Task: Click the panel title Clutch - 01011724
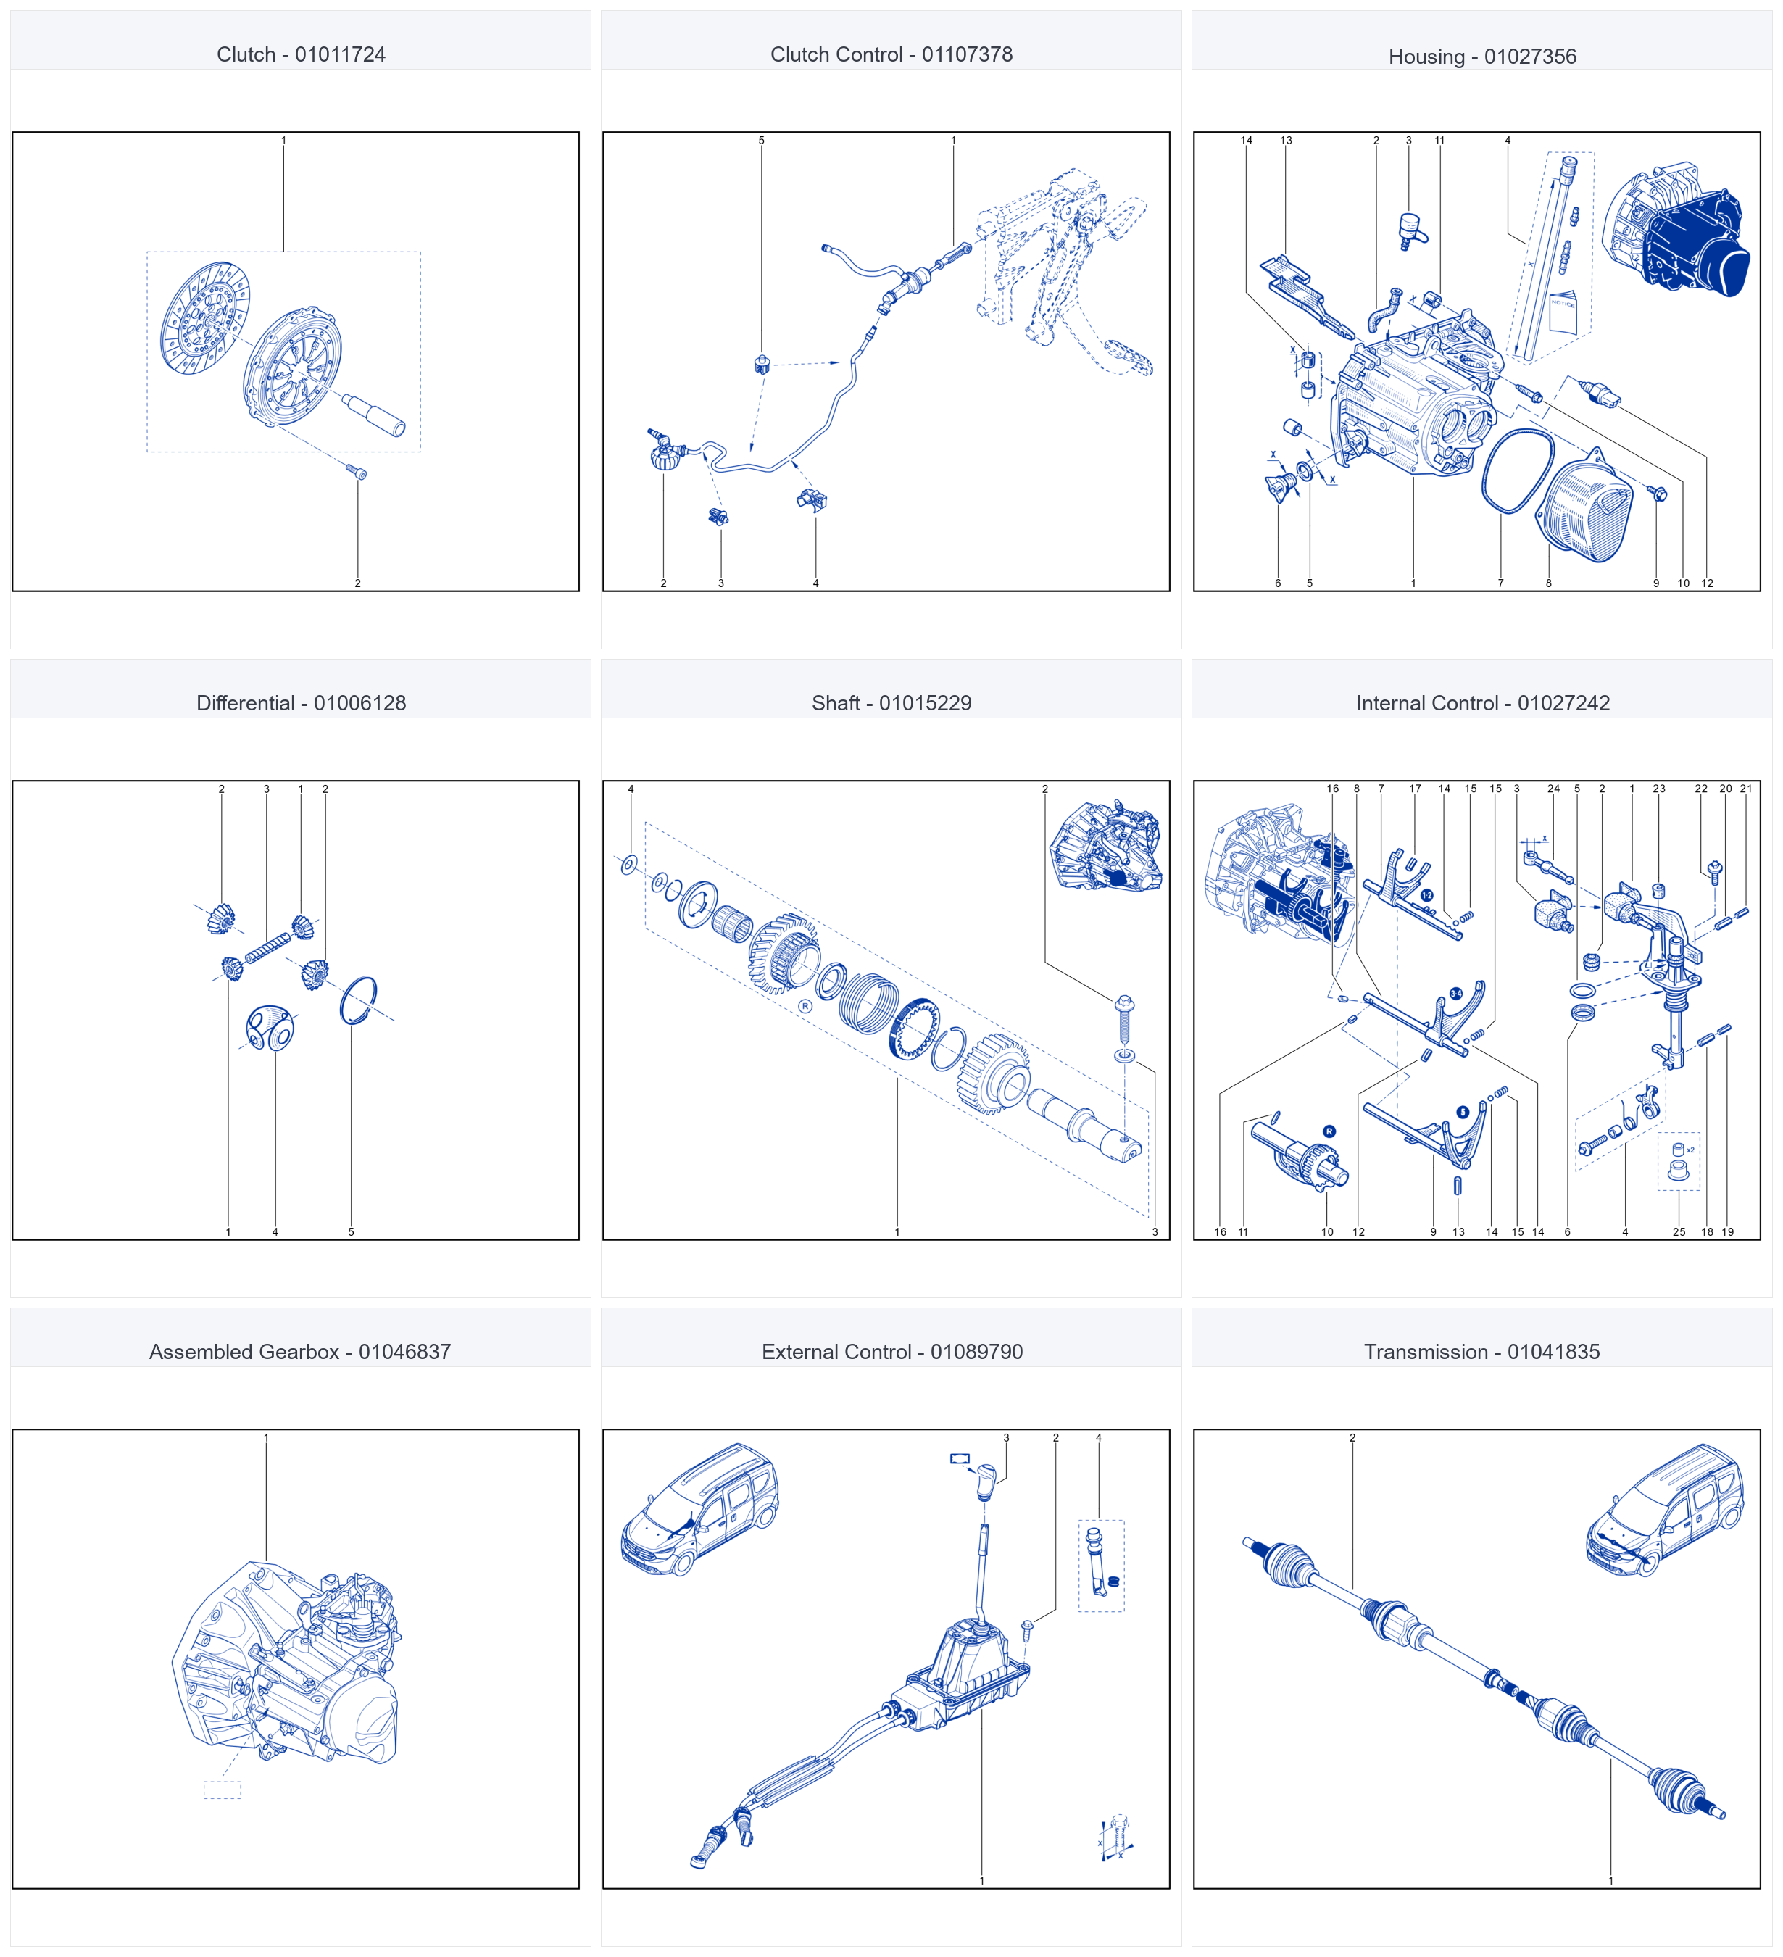(x=301, y=54)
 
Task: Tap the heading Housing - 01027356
(x=1482, y=57)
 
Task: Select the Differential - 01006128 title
(x=301, y=703)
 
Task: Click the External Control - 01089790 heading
(x=892, y=1351)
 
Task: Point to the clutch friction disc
(x=205, y=317)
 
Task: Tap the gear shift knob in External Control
(x=986, y=1480)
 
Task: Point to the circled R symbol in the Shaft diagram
(x=805, y=1007)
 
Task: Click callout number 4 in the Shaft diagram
(x=631, y=789)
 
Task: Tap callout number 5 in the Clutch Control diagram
(x=761, y=141)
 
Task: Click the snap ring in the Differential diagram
(x=358, y=1000)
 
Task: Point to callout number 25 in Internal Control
(x=1678, y=1232)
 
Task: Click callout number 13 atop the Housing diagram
(x=1286, y=141)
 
